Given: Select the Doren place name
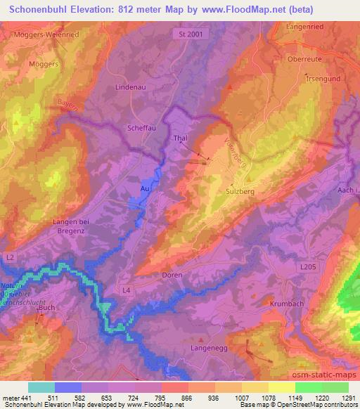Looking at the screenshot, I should [172, 275].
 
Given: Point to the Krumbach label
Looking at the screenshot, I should [285, 304].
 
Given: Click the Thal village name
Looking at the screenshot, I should [180, 139].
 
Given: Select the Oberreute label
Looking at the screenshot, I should [304, 59].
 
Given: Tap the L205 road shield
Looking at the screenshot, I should [308, 268].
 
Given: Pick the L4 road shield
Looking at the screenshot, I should [127, 290].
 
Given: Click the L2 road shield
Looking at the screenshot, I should [9, 259].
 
